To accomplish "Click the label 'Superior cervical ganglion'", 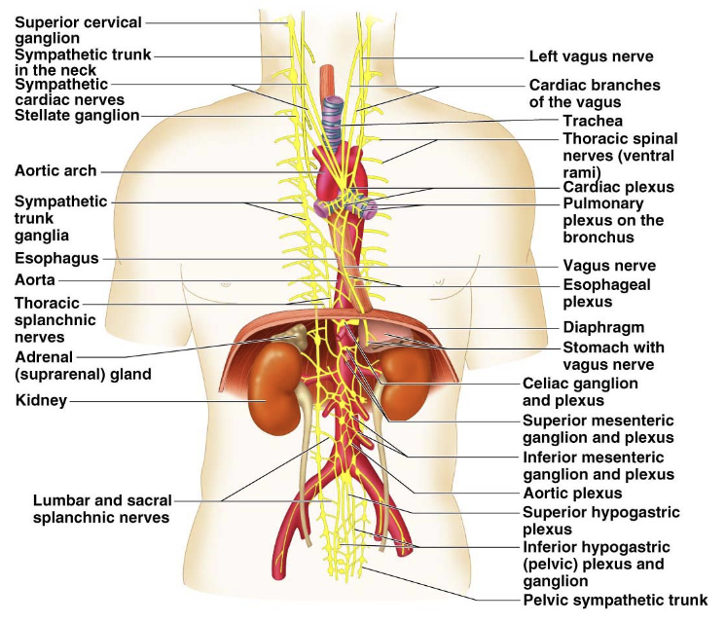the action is pyautogui.click(x=78, y=29).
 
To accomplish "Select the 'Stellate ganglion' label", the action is pyautogui.click(x=77, y=115).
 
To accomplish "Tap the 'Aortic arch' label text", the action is pyautogui.click(x=55, y=170).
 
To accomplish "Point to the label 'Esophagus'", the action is pyautogui.click(x=56, y=259).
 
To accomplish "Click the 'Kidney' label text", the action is pyautogui.click(x=41, y=400).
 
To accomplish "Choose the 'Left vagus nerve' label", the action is pyautogui.click(x=591, y=56).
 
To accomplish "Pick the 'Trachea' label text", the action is pyautogui.click(x=593, y=121).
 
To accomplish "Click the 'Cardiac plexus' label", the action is pyautogui.click(x=618, y=187).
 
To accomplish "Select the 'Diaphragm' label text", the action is pyautogui.click(x=603, y=327).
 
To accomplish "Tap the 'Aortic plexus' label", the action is pyautogui.click(x=572, y=493).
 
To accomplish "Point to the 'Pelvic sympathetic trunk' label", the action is pyautogui.click(x=615, y=600).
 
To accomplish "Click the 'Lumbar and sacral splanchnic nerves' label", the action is pyautogui.click(x=102, y=508).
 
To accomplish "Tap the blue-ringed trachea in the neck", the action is pyautogui.click(x=333, y=123).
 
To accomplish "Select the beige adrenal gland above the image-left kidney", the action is pyautogui.click(x=294, y=336).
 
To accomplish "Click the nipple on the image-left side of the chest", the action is pyautogui.click(x=226, y=283).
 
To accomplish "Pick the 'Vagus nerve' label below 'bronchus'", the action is pyautogui.click(x=609, y=266).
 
